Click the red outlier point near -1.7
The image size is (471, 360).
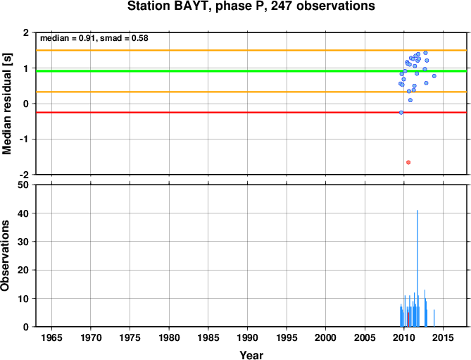pos(408,163)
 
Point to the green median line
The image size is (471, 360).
pos(251,71)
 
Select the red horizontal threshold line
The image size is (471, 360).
pos(251,113)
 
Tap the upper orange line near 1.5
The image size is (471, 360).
pos(251,50)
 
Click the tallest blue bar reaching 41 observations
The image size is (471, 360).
pos(417,268)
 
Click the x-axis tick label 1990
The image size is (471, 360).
pos(248,337)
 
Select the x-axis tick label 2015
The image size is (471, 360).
pos(443,337)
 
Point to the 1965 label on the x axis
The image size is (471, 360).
pos(51,337)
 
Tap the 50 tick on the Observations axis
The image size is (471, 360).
pos(23,185)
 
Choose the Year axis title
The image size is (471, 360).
pos(251,355)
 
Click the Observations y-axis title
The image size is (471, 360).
pos(5,256)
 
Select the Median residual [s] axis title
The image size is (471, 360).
pos(6,104)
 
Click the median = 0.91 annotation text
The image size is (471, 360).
pos(68,38)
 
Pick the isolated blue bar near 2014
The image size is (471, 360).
pos(434,318)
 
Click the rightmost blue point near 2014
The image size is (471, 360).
pos(434,76)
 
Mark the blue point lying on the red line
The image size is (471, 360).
pos(401,113)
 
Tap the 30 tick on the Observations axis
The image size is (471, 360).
pos(23,242)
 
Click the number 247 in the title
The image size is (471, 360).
pos(282,6)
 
